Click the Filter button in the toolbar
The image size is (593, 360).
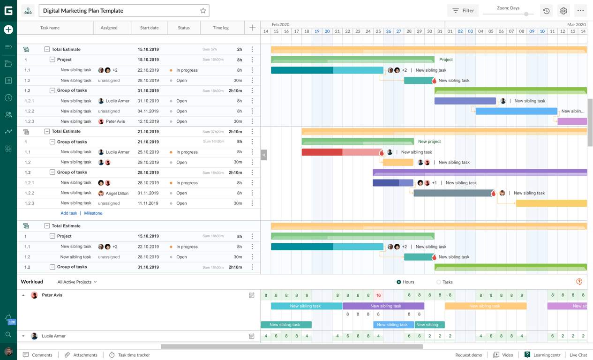point(463,10)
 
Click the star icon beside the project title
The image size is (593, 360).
point(203,11)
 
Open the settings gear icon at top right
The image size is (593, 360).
point(563,11)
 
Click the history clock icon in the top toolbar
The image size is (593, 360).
point(547,11)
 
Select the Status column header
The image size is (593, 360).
point(184,28)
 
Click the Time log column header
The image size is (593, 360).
point(221,28)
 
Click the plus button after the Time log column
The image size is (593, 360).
point(252,28)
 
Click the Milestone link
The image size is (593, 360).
point(93,213)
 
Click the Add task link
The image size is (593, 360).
point(69,213)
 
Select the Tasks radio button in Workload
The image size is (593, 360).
point(439,282)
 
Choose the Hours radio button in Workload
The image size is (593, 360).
point(399,282)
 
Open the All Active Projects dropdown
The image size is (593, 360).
point(77,282)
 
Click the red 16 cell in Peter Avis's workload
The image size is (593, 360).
point(378,295)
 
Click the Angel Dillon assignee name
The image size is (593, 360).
point(117,193)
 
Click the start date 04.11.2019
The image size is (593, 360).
point(148,111)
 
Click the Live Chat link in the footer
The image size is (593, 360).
point(578,355)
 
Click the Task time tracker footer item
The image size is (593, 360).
point(134,355)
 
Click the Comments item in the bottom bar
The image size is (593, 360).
point(42,355)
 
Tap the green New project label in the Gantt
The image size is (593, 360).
point(429,142)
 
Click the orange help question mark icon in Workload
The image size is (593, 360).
point(579,282)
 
